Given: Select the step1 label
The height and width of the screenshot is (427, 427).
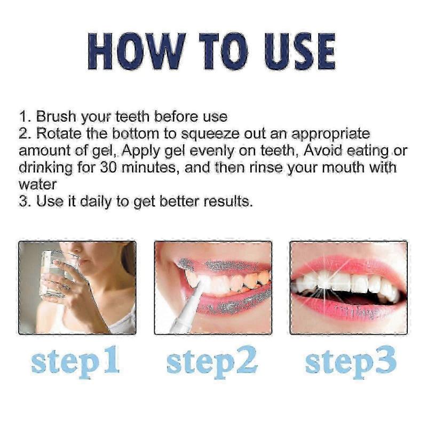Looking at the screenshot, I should (75, 361).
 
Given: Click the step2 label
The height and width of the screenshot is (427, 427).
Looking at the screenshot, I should (212, 361).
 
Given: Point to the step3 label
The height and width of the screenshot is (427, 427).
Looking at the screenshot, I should (351, 361).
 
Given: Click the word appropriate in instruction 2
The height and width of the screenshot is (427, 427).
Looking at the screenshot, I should (330, 134).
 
